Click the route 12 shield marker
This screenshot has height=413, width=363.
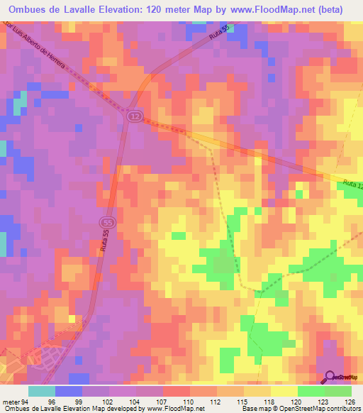135,116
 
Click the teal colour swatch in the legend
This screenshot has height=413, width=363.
42,390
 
